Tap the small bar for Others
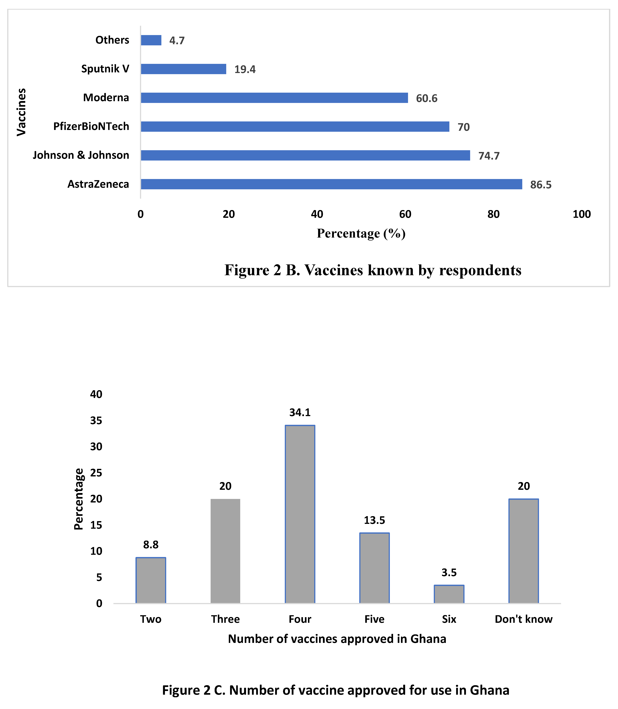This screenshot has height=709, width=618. click(x=151, y=40)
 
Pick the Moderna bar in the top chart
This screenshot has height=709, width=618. click(x=274, y=98)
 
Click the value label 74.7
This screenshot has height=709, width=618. click(x=489, y=156)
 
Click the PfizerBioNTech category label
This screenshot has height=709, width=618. click(x=91, y=126)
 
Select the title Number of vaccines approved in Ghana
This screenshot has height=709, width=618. click(x=337, y=639)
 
